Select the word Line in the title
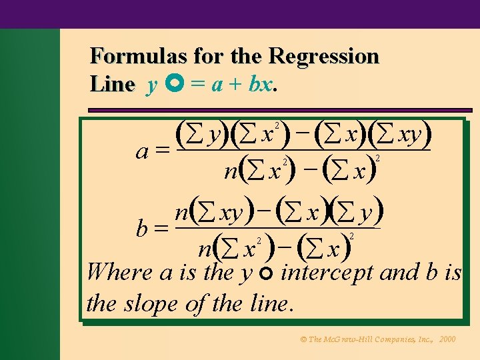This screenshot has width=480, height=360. pos(112,85)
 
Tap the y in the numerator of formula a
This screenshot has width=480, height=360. pos(215,135)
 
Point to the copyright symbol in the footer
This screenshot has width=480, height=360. pos(303,339)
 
